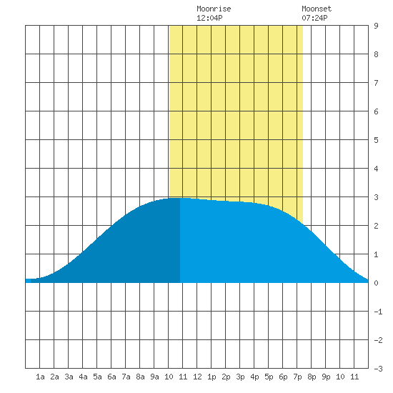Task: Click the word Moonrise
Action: click(x=214, y=9)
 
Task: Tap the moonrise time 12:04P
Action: click(x=209, y=18)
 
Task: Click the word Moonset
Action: click(x=317, y=9)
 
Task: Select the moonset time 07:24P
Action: click(x=314, y=18)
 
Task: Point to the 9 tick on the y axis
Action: click(x=376, y=26)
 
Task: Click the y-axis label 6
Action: click(x=376, y=111)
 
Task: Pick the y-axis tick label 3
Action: click(x=376, y=197)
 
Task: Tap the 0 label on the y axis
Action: click(x=376, y=283)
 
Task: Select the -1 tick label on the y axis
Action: click(x=378, y=312)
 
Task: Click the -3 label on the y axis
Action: click(x=378, y=369)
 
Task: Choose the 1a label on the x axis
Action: click(x=40, y=377)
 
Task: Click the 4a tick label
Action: click(x=83, y=377)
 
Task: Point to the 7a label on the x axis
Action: click(x=126, y=377)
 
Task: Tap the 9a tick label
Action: click(x=154, y=377)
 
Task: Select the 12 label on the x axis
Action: click(x=197, y=377)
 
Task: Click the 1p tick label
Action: click(x=212, y=377)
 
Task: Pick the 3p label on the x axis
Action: click(x=240, y=377)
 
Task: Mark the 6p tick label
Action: click(x=283, y=377)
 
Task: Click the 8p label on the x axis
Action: click(x=312, y=377)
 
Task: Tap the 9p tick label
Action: click(x=326, y=377)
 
